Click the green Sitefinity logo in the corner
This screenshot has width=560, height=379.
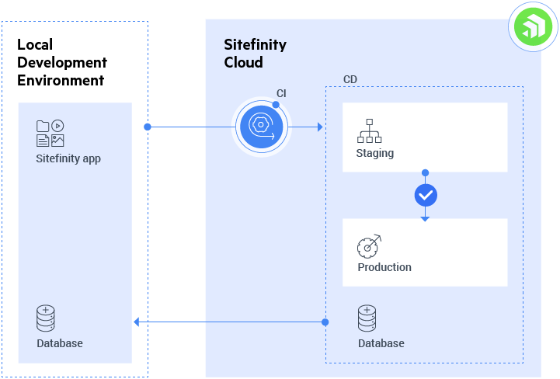pyautogui.click(x=533, y=28)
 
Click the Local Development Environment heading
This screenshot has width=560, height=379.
pyautogui.click(x=62, y=62)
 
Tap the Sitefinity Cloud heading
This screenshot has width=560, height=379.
pyautogui.click(x=255, y=54)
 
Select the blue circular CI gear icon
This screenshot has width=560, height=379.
pyautogui.click(x=261, y=126)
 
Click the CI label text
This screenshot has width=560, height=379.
pyautogui.click(x=281, y=94)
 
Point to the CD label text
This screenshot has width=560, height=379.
pyautogui.click(x=350, y=80)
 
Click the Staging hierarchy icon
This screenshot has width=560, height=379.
pyautogui.click(x=369, y=130)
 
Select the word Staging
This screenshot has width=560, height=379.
pyautogui.click(x=374, y=153)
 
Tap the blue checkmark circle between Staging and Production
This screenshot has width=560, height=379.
pyautogui.click(x=425, y=196)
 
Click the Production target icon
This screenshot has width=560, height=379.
pyautogui.click(x=369, y=245)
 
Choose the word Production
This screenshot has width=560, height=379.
pyautogui.click(x=384, y=267)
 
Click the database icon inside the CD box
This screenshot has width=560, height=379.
pyautogui.click(x=367, y=318)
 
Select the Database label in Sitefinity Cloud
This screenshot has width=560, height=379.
pyautogui.click(x=381, y=343)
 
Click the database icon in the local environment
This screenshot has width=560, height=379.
pyautogui.click(x=46, y=318)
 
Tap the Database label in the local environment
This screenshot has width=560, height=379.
pyautogui.click(x=59, y=343)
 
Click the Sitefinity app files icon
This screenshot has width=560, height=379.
pyautogui.click(x=50, y=134)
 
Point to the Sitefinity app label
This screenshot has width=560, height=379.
pyautogui.click(x=68, y=158)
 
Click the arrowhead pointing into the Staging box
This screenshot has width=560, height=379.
pyautogui.click(x=319, y=127)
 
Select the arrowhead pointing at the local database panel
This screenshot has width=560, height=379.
pyautogui.click(x=137, y=322)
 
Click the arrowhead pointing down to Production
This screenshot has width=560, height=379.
pyautogui.click(x=425, y=218)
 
